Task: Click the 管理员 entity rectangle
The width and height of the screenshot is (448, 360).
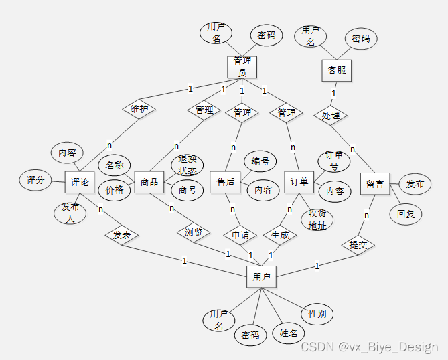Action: pyautogui.click(x=242, y=66)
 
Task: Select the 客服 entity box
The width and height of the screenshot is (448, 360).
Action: pyautogui.click(x=336, y=70)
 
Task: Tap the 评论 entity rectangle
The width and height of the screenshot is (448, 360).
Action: pyautogui.click(x=80, y=182)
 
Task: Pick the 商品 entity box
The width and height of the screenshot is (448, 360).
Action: pyautogui.click(x=149, y=182)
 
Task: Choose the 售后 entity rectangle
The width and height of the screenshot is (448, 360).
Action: pyautogui.click(x=226, y=182)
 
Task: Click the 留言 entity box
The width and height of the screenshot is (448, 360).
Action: pyautogui.click(x=374, y=183)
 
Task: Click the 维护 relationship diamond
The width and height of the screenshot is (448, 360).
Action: pyautogui.click(x=139, y=109)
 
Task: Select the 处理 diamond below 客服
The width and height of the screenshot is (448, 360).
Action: pyautogui.click(x=331, y=115)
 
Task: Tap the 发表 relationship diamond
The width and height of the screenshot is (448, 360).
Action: pyautogui.click(x=121, y=235)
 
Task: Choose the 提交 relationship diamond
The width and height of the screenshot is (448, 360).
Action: pyautogui.click(x=358, y=245)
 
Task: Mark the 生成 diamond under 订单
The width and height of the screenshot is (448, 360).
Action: pyautogui.click(x=280, y=234)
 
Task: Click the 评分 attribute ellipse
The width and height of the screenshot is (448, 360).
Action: pyautogui.click(x=35, y=180)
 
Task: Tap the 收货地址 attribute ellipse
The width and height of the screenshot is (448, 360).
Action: pyautogui.click(x=317, y=219)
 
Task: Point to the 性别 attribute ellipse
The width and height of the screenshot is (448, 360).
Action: pyautogui.click(x=317, y=313)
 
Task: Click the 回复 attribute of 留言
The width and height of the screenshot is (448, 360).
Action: pyautogui.click(x=406, y=214)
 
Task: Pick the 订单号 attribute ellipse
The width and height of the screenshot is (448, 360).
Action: pyautogui.click(x=334, y=161)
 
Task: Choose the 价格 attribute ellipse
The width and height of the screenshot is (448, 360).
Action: pyautogui.click(x=115, y=189)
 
